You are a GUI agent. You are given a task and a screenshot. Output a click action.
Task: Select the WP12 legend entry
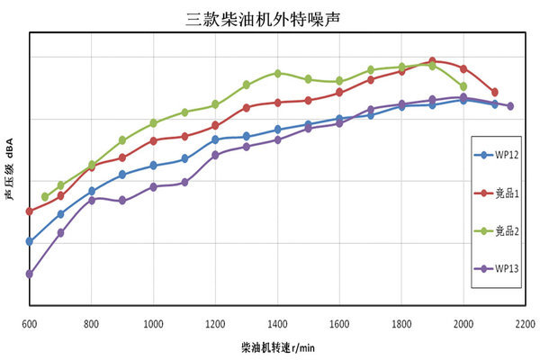click(x=502, y=155)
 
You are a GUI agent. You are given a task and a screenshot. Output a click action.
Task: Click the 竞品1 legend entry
click(x=502, y=193)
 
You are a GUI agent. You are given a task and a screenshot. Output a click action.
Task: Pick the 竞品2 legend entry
click(x=502, y=230)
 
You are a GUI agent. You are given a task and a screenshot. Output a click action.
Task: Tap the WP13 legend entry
click(x=502, y=268)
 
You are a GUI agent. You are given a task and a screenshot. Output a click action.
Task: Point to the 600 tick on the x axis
click(x=29, y=322)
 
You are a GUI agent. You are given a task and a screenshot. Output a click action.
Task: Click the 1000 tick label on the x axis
click(x=153, y=322)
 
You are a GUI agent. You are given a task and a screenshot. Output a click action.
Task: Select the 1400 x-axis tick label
click(x=277, y=322)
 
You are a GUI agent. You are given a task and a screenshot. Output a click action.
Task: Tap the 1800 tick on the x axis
click(x=401, y=322)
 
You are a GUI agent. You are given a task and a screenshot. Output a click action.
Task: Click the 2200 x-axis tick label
click(x=526, y=322)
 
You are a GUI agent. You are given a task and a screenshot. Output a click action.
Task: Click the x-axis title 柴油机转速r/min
click(x=277, y=346)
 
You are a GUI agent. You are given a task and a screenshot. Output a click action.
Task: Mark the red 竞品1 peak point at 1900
click(x=433, y=61)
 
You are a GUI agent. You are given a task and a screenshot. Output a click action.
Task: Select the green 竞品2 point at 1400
click(x=277, y=73)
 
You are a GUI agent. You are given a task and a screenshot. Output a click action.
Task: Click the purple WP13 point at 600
click(x=29, y=274)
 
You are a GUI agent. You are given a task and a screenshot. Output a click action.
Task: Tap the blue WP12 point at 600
click(x=29, y=241)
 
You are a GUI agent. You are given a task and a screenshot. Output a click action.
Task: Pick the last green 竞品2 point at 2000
click(x=463, y=86)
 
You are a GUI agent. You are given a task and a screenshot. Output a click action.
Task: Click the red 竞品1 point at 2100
click(x=495, y=92)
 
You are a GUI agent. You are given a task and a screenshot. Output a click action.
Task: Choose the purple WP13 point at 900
click(x=122, y=201)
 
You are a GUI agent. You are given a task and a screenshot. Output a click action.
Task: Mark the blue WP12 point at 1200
click(x=215, y=139)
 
